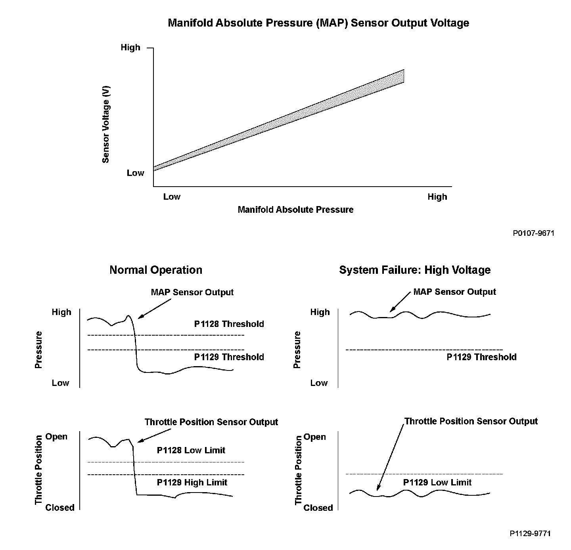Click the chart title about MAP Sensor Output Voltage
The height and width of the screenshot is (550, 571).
tap(318, 23)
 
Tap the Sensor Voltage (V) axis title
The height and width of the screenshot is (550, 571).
tap(105, 124)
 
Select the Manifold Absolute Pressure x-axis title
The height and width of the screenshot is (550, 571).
tap(295, 209)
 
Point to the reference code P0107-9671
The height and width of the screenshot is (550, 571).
tap(533, 233)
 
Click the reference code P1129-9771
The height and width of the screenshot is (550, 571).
tap(530, 533)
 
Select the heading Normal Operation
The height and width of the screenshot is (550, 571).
tap(156, 270)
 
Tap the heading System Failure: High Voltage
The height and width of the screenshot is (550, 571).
tap(415, 270)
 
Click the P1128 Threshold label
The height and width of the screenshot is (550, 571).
tap(229, 324)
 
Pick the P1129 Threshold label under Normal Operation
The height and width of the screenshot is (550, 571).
tap(229, 357)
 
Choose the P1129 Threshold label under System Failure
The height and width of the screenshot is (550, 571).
tap(481, 357)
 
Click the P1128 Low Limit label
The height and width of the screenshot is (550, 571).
tap(191, 450)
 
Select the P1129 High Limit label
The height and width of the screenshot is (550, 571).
tap(192, 482)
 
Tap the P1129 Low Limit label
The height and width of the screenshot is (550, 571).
tap(437, 482)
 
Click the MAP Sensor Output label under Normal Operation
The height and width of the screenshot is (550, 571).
tap(192, 292)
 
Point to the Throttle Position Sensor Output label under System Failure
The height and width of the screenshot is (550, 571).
tap(471, 421)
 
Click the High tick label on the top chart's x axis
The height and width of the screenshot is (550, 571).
tap(437, 197)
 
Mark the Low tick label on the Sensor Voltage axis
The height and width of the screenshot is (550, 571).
tap(135, 173)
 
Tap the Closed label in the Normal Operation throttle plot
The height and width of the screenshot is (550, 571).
tap(60, 507)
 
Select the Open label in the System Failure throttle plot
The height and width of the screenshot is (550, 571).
tap(314, 437)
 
